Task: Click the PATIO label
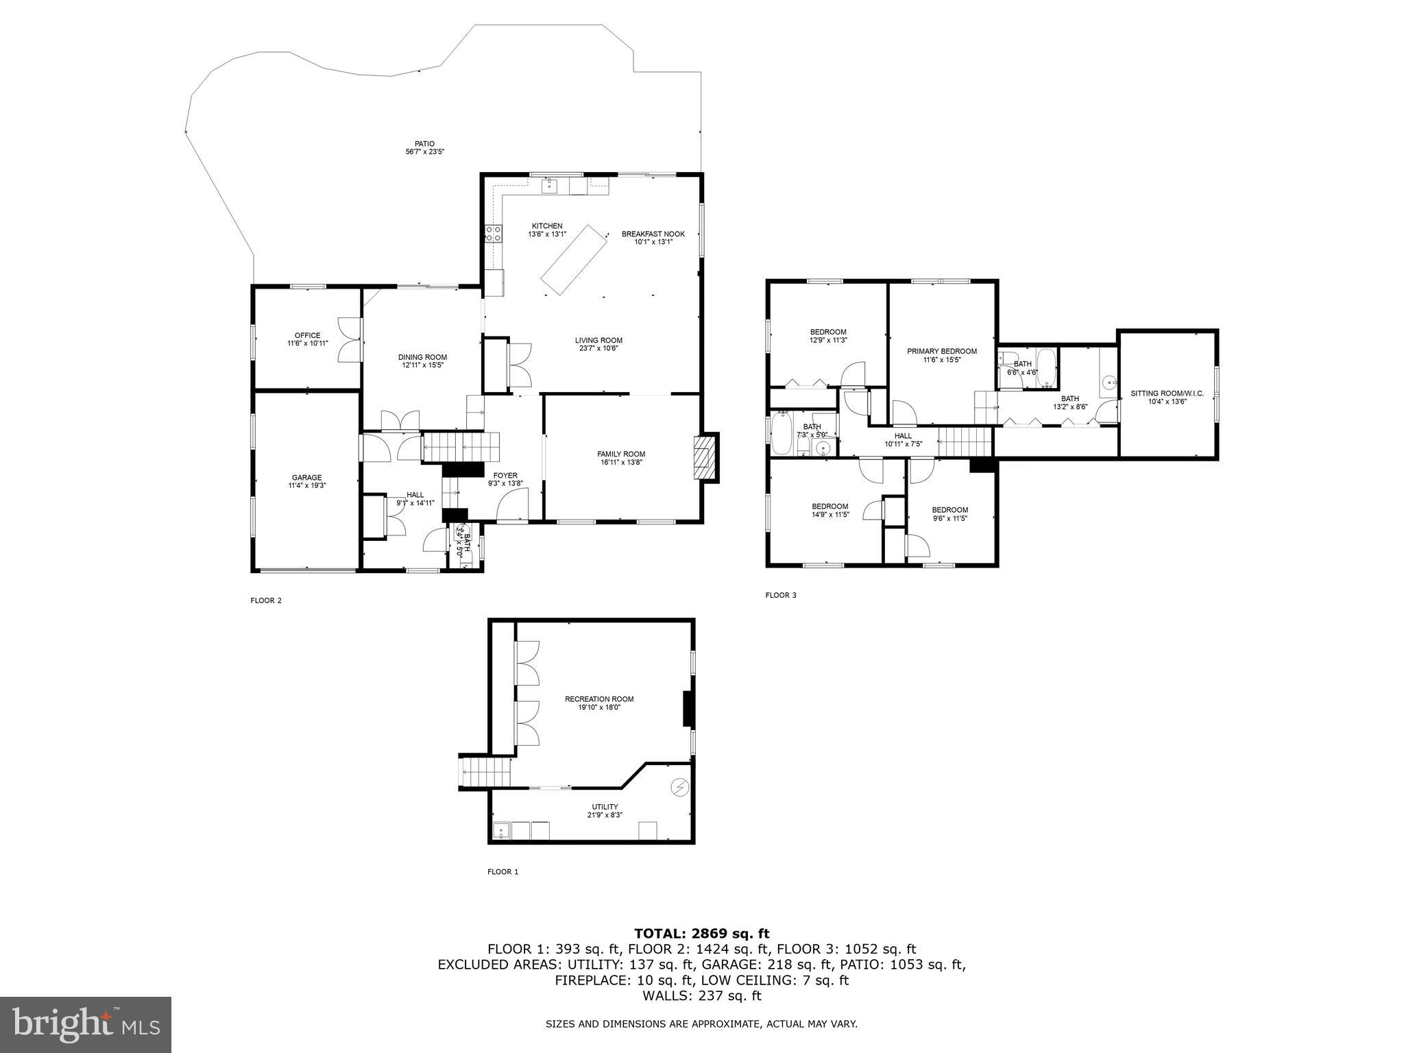[424, 144]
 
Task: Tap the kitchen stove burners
[493, 233]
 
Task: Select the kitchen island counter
[574, 261]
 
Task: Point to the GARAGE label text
[306, 478]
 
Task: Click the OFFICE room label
[307, 335]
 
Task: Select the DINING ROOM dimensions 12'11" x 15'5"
[423, 365]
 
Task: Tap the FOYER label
[505, 475]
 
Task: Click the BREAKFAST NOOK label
[653, 234]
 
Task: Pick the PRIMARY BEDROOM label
[941, 351]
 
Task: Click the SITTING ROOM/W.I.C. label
[1167, 394]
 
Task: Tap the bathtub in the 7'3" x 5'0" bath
[782, 433]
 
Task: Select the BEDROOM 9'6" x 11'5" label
[949, 509]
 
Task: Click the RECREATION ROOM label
[598, 699]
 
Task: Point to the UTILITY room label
[605, 806]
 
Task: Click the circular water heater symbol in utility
[679, 788]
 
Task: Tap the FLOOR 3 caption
[781, 595]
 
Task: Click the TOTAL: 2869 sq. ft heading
[701, 933]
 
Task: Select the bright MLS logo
[86, 1024]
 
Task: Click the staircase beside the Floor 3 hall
[965, 441]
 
